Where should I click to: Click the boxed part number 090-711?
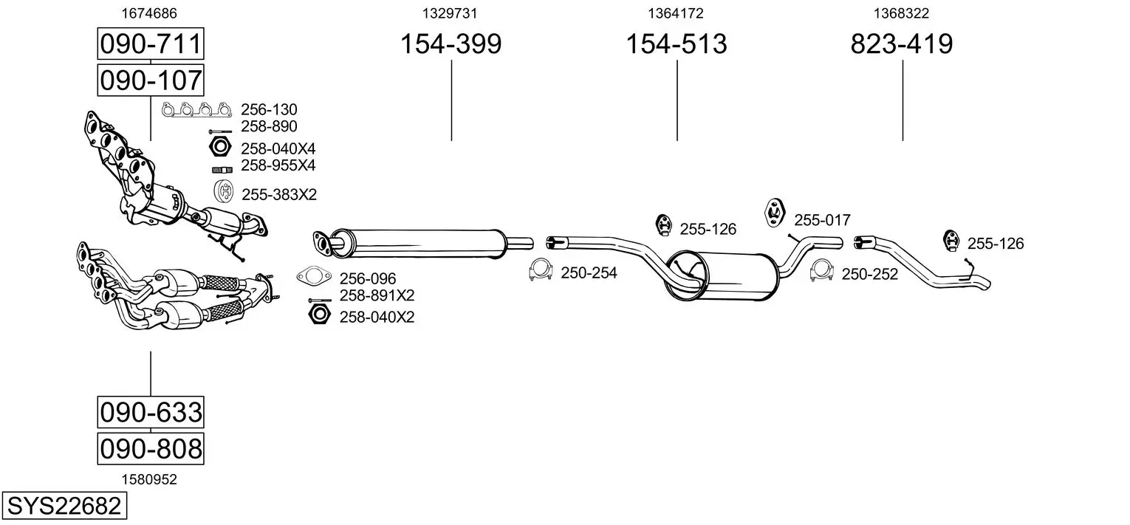pyautogui.click(x=151, y=44)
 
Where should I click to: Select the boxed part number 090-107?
pyautogui.click(x=151, y=80)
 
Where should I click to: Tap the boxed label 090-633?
pyautogui.click(x=151, y=411)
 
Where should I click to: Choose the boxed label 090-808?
pyautogui.click(x=151, y=448)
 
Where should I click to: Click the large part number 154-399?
pyautogui.click(x=451, y=44)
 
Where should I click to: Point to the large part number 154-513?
pyautogui.click(x=677, y=44)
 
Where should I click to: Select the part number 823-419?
pyautogui.click(x=902, y=44)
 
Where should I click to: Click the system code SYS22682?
pyautogui.click(x=64, y=507)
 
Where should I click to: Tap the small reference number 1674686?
pyautogui.click(x=149, y=13)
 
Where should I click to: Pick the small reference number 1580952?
pyautogui.click(x=149, y=479)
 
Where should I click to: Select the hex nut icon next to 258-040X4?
pyautogui.click(x=220, y=147)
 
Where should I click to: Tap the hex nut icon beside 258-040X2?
pyautogui.click(x=318, y=316)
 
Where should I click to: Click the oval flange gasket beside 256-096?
pyautogui.click(x=314, y=278)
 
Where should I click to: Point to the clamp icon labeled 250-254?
pyautogui.click(x=541, y=272)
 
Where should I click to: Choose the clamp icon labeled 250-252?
pyautogui.click(x=822, y=272)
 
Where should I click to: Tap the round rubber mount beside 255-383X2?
pyautogui.click(x=223, y=192)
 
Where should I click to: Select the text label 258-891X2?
pyautogui.click(x=377, y=295)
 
